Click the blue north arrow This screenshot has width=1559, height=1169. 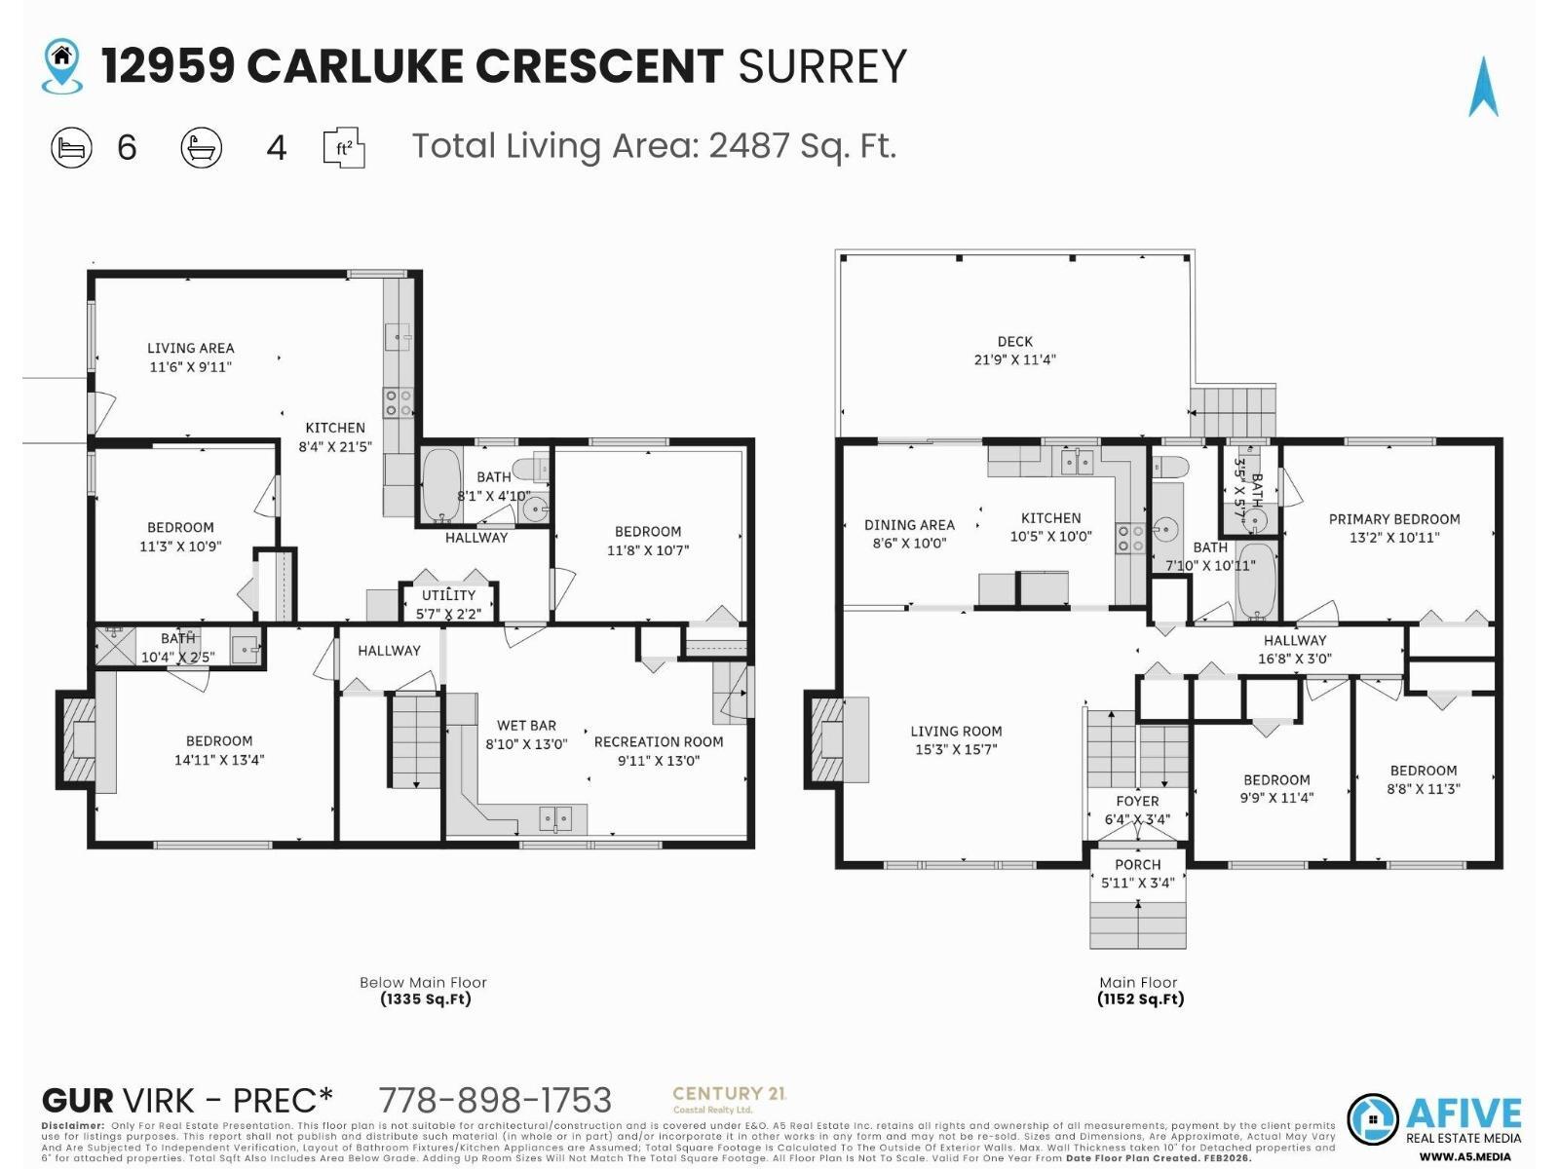point(1483,88)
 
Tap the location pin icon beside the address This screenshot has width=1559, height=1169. point(62,66)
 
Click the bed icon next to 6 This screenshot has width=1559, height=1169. point(71,148)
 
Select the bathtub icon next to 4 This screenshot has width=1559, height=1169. point(202,148)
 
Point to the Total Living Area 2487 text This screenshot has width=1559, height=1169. point(653,146)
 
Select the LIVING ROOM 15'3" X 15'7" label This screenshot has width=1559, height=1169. point(955,739)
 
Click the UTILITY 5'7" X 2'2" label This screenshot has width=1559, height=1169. point(448,604)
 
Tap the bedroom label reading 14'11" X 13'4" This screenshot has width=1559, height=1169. point(219,750)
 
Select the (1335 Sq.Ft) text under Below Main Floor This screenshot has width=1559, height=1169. point(426,999)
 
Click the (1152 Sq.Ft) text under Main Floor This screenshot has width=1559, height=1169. point(1140,999)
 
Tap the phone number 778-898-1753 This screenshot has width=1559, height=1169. point(495,1100)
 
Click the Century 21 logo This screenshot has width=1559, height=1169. point(729,1099)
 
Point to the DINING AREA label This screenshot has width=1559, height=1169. point(909,534)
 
